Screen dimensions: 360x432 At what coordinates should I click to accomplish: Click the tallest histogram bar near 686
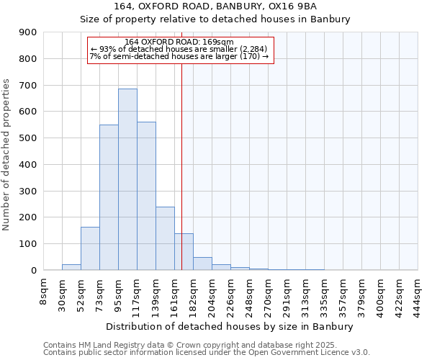(127, 179)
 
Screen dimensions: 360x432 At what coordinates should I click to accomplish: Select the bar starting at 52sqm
(90, 248)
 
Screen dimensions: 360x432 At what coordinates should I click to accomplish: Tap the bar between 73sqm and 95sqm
(109, 197)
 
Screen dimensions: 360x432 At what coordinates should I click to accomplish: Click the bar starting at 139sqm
(165, 238)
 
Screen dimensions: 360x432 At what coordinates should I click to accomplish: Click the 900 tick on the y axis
(28, 32)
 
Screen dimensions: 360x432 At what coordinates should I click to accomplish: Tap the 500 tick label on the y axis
(28, 138)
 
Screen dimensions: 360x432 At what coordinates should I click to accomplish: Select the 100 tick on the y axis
(28, 244)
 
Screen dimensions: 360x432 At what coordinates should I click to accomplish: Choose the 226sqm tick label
(230, 294)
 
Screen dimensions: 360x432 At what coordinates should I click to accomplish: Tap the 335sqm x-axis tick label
(324, 294)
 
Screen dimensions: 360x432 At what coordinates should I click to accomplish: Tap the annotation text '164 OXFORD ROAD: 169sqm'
(179, 42)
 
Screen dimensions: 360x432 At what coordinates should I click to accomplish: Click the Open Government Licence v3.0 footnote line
(207, 352)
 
